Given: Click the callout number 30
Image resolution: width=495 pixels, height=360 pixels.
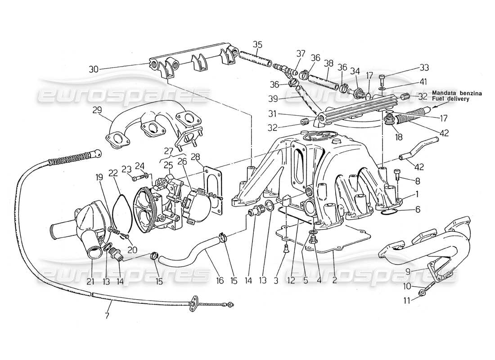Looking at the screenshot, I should [93, 69].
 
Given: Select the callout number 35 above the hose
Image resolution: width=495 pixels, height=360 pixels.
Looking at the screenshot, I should [257, 45].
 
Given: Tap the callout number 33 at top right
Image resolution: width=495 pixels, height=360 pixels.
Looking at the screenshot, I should [424, 67].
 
